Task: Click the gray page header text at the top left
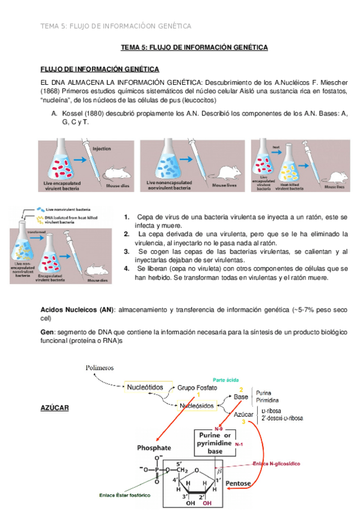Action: (115, 26)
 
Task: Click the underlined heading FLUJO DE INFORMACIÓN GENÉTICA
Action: (99, 69)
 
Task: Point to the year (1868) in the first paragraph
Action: (50, 91)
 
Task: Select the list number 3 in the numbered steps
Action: (126, 251)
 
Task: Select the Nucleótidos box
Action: (147, 388)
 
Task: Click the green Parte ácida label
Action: (231, 380)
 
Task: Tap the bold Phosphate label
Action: (154, 447)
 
